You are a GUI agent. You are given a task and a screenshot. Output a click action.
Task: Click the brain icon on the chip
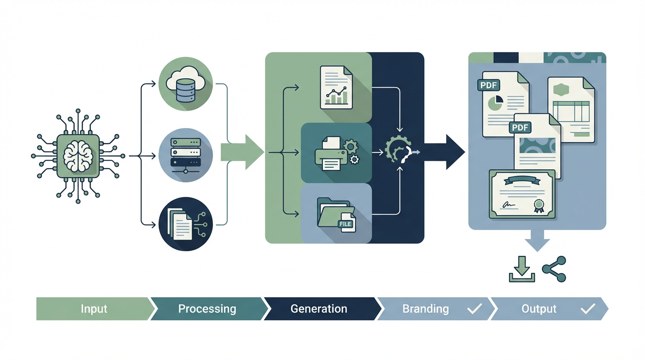click(78, 156)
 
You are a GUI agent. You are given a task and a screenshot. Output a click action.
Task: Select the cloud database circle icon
click(186, 84)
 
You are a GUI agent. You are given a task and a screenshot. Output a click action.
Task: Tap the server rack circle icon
click(186, 155)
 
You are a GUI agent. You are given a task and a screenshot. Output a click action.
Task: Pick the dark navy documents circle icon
click(186, 224)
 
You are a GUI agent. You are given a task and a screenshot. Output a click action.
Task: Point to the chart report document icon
click(336, 87)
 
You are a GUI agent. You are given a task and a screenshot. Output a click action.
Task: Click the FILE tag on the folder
click(345, 224)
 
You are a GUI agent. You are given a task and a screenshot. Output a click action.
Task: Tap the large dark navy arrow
click(445, 152)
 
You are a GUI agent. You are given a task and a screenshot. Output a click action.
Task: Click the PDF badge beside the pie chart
click(489, 85)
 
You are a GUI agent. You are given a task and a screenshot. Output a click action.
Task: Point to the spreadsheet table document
click(571, 110)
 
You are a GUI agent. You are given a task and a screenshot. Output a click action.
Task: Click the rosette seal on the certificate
click(539, 205)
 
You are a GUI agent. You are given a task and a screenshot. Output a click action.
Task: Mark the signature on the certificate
click(508, 205)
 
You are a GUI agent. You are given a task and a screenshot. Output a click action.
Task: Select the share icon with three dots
click(554, 269)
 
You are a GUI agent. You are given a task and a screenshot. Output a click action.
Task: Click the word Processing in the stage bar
click(207, 309)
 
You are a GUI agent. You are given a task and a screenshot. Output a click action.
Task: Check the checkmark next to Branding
click(474, 308)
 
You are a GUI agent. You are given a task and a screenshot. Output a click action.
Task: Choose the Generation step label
click(319, 309)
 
